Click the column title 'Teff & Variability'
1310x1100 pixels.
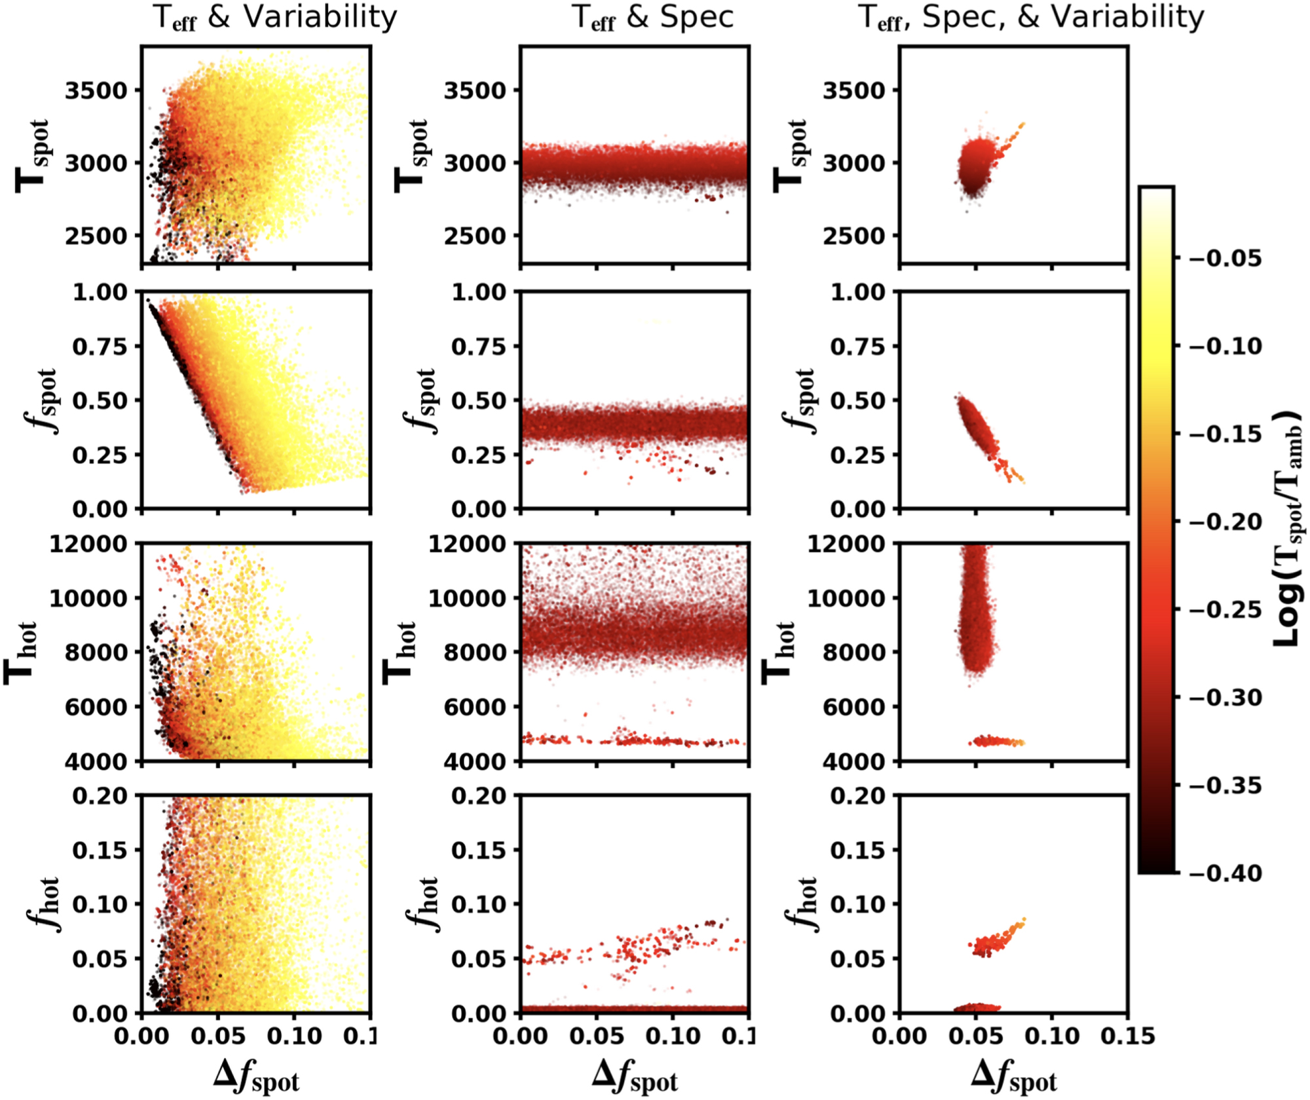click(275, 18)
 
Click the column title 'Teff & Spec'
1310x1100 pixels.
click(653, 18)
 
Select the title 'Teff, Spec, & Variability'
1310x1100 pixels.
click(1031, 18)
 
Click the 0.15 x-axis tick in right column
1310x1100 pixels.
click(1127, 1036)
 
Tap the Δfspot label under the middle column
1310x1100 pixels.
click(635, 1076)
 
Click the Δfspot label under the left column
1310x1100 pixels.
click(256, 1076)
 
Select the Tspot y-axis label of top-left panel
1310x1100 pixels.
click(33, 156)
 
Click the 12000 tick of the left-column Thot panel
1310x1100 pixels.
click(88, 544)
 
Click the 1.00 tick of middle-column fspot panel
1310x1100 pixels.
click(479, 292)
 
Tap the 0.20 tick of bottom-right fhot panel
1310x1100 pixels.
click(858, 796)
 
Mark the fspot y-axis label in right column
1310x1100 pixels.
click(801, 401)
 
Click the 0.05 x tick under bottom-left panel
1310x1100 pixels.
click(217, 1036)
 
